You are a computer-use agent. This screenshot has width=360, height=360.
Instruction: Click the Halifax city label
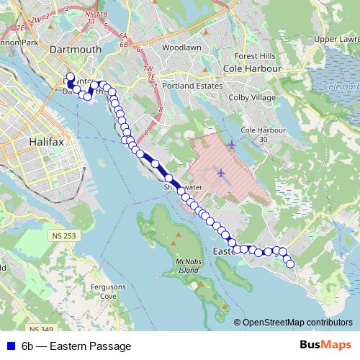click(48, 143)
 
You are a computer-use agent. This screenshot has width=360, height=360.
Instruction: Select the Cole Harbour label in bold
click(252, 68)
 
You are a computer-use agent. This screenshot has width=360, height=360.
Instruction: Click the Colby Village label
click(252, 97)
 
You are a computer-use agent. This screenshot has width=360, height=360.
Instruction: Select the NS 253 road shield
click(64, 235)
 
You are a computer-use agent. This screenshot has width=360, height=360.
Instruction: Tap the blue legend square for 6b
click(9, 346)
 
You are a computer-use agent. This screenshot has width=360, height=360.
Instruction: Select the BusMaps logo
click(327, 346)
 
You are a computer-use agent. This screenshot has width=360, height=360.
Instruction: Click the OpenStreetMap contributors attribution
click(297, 322)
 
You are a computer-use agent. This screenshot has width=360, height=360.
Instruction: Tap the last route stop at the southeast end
click(291, 264)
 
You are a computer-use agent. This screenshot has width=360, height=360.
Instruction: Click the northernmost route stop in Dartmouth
click(70, 76)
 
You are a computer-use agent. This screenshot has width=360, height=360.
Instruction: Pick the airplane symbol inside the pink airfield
click(220, 173)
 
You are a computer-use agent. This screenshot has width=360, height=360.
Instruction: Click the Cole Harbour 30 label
click(258, 134)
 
